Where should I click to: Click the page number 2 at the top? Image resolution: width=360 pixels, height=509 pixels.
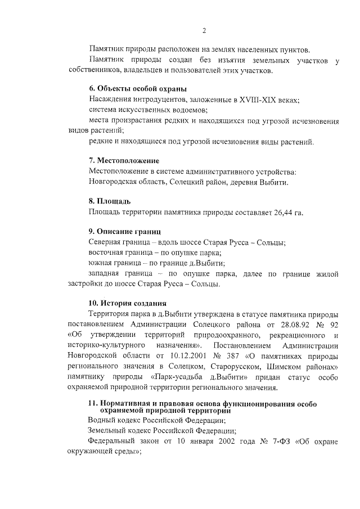[x=204, y=30]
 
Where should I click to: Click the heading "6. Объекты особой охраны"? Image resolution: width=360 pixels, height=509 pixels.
[x=138, y=88]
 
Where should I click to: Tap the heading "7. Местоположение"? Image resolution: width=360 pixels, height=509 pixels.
[x=124, y=161]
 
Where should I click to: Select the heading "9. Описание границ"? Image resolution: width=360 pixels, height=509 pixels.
[x=125, y=231]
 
